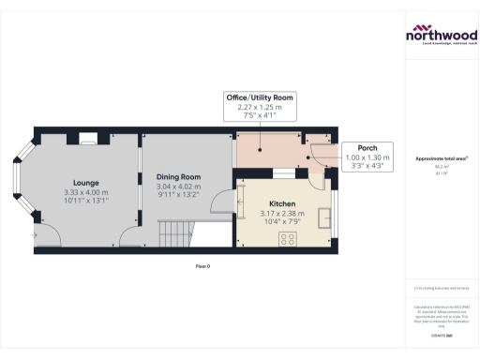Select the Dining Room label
tap(178, 177)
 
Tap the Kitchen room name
tap(282, 203)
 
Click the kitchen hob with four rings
tap(287, 237)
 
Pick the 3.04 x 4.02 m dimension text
tap(178, 187)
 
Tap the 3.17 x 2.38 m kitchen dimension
tap(282, 213)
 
